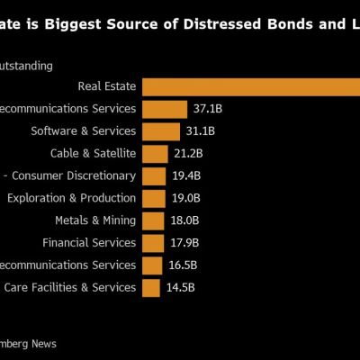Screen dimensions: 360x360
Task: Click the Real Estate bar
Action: click(x=251, y=86)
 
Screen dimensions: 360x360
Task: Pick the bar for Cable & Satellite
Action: click(x=155, y=154)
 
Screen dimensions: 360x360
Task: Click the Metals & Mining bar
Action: click(x=153, y=220)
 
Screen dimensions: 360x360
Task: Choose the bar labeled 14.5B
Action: click(x=151, y=287)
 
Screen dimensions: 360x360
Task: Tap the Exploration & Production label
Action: click(x=72, y=198)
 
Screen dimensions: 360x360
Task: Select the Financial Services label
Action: click(x=89, y=243)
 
